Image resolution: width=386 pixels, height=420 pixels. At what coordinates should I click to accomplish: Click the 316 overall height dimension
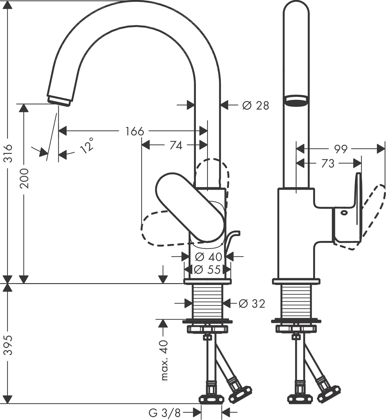point(8,153)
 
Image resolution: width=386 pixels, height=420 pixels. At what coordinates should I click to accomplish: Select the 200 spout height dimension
point(24,178)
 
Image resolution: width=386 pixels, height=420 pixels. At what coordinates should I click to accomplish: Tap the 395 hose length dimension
point(8,345)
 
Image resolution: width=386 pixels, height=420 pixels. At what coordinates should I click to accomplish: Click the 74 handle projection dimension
point(176,146)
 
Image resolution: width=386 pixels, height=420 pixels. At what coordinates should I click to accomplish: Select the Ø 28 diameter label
point(255,106)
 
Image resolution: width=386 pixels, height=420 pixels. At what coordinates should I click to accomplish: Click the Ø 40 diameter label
point(209,257)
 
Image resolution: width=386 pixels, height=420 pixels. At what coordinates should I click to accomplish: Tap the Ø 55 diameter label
point(207,269)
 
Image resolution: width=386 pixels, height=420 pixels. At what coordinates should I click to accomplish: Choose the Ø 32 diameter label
point(252,303)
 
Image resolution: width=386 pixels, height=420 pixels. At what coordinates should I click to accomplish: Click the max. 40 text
point(164,360)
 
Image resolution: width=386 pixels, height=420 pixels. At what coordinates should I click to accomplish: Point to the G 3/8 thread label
point(164,413)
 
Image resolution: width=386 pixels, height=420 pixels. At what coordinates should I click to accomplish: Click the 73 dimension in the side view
point(327,164)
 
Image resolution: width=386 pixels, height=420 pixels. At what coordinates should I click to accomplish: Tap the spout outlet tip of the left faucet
point(59,100)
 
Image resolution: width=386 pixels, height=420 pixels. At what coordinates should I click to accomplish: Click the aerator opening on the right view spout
point(296,101)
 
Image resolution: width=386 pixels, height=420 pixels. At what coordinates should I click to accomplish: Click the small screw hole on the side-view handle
point(343,213)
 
